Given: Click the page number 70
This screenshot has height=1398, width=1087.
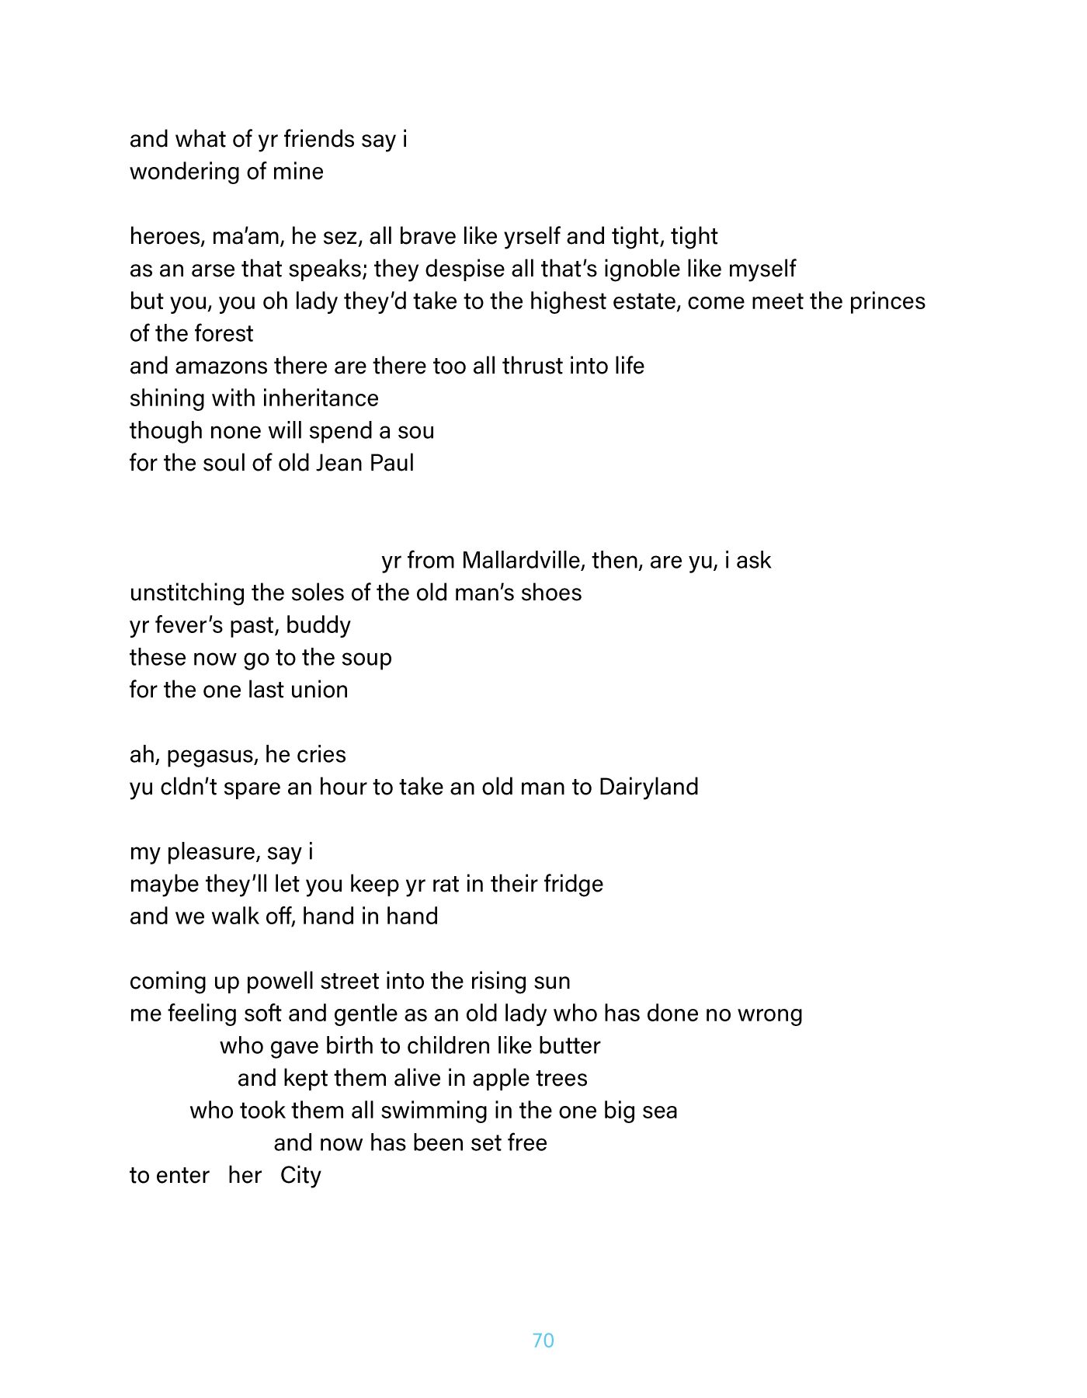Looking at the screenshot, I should point(543,1340).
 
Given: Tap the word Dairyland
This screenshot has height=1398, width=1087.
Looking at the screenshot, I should point(648,787).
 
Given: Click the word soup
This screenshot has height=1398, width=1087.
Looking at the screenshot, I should point(366,658).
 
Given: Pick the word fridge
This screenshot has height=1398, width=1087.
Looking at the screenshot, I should point(573,884).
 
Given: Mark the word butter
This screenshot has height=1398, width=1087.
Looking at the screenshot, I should point(569,1045).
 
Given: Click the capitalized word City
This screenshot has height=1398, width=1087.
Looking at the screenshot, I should point(300,1175).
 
